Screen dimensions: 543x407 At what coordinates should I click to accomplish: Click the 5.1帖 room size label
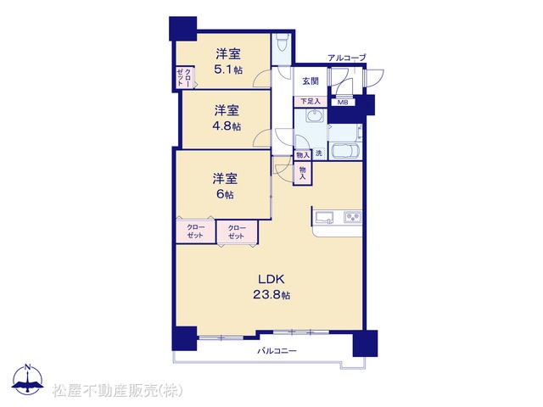[228, 70]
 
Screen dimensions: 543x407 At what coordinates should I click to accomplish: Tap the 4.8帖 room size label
[227, 126]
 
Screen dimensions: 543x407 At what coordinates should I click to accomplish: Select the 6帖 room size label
[225, 194]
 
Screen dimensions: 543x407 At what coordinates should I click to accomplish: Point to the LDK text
[271, 279]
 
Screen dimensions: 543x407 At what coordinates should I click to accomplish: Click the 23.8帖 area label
[271, 295]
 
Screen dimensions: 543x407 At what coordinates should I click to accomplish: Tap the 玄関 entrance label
[311, 81]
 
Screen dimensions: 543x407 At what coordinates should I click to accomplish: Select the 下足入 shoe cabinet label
[311, 102]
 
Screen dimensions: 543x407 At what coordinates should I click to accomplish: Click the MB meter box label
[343, 103]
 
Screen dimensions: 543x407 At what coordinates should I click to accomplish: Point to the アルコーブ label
[347, 58]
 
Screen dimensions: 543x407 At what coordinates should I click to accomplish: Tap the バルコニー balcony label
[277, 351]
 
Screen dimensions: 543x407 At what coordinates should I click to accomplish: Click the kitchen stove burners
[353, 217]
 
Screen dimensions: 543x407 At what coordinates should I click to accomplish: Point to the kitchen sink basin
[324, 218]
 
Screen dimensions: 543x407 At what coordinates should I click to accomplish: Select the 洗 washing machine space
[319, 153]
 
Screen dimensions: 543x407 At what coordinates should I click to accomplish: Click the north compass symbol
[28, 379]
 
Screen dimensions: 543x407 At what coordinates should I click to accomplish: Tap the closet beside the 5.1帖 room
[185, 77]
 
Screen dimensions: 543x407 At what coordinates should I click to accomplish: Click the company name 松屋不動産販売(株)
[118, 390]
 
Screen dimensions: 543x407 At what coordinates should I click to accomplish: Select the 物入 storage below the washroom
[302, 173]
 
